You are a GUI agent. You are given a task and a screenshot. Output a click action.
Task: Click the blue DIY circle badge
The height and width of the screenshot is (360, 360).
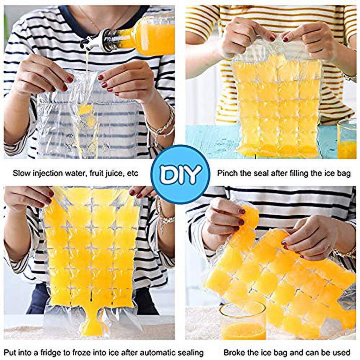pyautogui.click(x=180, y=174)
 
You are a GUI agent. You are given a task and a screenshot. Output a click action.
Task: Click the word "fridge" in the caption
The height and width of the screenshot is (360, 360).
pyautogui.click(x=53, y=352)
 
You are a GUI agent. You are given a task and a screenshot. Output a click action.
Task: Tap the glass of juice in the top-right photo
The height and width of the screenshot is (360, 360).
pyautogui.click(x=347, y=139)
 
